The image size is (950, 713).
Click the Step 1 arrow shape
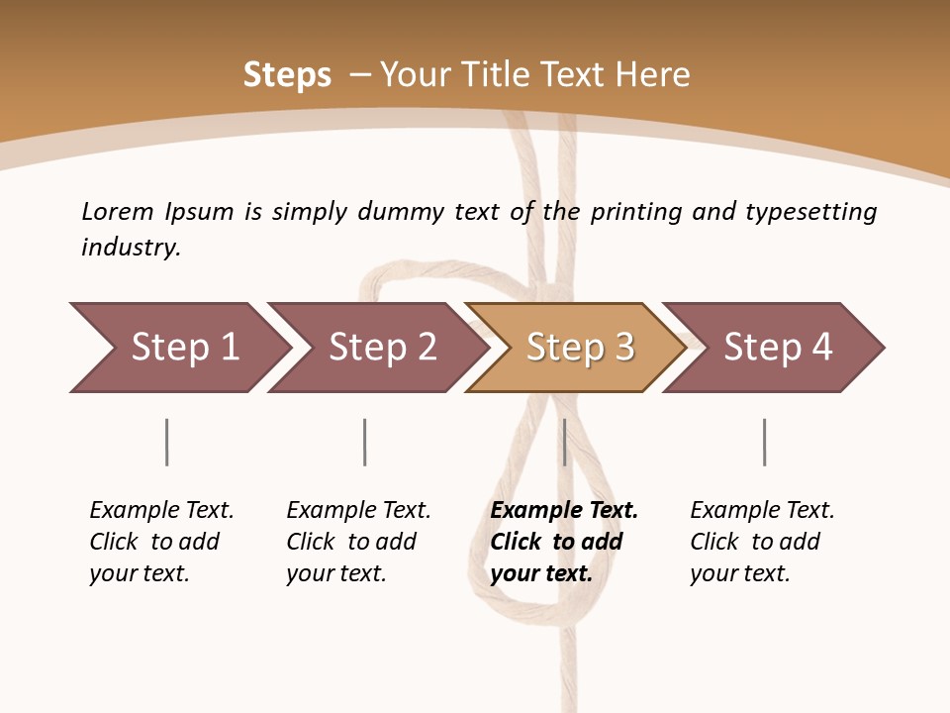(183, 348)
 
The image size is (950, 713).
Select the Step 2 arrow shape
(381, 348)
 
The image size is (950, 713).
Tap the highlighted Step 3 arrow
(579, 348)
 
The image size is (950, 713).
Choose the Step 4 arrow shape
(777, 348)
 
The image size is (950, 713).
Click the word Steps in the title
(287, 75)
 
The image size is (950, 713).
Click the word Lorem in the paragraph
(117, 211)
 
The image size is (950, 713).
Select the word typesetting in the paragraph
(810, 212)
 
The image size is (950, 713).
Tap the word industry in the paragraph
(130, 247)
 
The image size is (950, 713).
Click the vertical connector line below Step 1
(167, 442)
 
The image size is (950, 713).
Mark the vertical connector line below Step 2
(365, 442)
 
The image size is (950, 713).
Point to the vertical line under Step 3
(564, 442)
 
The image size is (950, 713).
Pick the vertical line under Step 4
(764, 442)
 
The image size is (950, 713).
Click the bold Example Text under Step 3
(564, 511)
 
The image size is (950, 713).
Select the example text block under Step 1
(161, 542)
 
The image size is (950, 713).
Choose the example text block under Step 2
(358, 542)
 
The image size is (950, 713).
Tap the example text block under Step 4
(762, 542)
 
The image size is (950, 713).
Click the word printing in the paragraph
(636, 212)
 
